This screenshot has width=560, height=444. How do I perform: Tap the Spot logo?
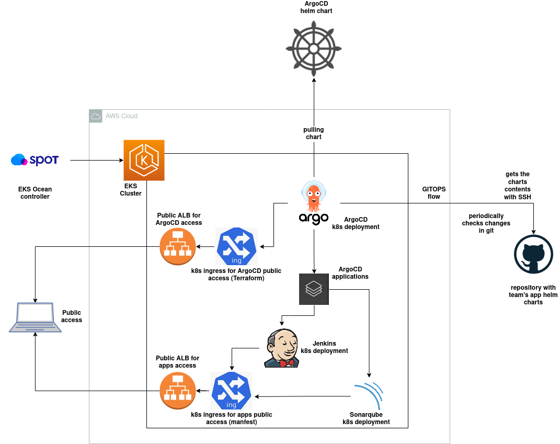click(35, 160)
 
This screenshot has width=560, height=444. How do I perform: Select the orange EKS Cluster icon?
click(144, 160)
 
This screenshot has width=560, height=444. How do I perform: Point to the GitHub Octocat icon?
click(533, 254)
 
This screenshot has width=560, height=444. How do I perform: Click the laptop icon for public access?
click(35, 317)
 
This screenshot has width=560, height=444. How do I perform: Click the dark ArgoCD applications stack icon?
click(314, 289)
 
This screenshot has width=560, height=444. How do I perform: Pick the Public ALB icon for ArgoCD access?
click(178, 246)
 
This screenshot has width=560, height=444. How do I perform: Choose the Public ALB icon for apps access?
click(178, 391)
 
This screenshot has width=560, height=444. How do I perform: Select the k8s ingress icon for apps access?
click(231, 391)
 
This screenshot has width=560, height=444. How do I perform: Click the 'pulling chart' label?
click(314, 133)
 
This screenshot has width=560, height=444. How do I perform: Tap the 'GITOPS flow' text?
click(433, 193)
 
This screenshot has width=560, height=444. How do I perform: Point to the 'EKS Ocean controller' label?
click(35, 193)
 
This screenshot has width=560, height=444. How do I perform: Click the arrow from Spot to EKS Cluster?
click(96, 160)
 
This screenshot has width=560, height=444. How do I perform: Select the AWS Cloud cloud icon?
click(96, 116)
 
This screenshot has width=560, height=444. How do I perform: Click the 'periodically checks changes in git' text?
click(486, 223)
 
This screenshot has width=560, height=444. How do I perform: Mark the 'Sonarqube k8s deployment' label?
click(366, 418)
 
